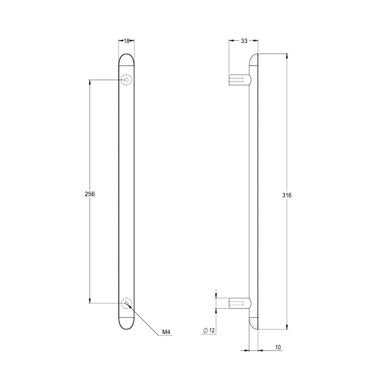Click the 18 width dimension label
click(127, 41)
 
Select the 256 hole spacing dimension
click(90, 194)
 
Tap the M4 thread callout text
click(166, 332)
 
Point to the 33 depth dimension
click(244, 41)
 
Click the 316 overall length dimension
click(287, 195)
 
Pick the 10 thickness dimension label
click(278, 347)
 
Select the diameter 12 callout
click(209, 330)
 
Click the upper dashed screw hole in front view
click(127, 80)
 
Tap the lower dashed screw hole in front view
click(127, 303)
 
